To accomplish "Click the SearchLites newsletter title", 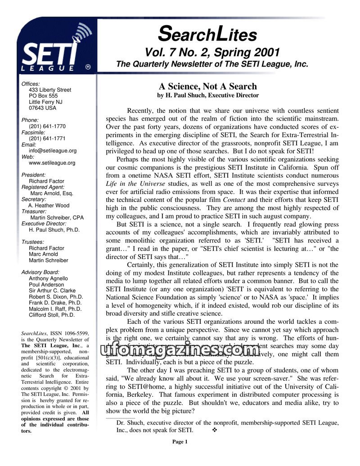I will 207,33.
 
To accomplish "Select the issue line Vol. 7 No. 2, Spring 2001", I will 212,52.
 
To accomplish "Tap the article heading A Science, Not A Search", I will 207,86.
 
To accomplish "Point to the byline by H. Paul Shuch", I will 207,95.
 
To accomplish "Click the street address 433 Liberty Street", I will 50,90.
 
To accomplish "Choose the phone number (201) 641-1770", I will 47,126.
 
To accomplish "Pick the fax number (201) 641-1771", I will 47,139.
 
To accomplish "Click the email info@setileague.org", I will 53,151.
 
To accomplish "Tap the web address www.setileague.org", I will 52,163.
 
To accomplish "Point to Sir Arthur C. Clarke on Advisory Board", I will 52,291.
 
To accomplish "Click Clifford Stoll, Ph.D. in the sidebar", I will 52,315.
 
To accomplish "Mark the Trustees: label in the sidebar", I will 33,242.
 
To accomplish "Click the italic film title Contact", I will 234,199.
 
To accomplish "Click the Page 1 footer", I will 180,442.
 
